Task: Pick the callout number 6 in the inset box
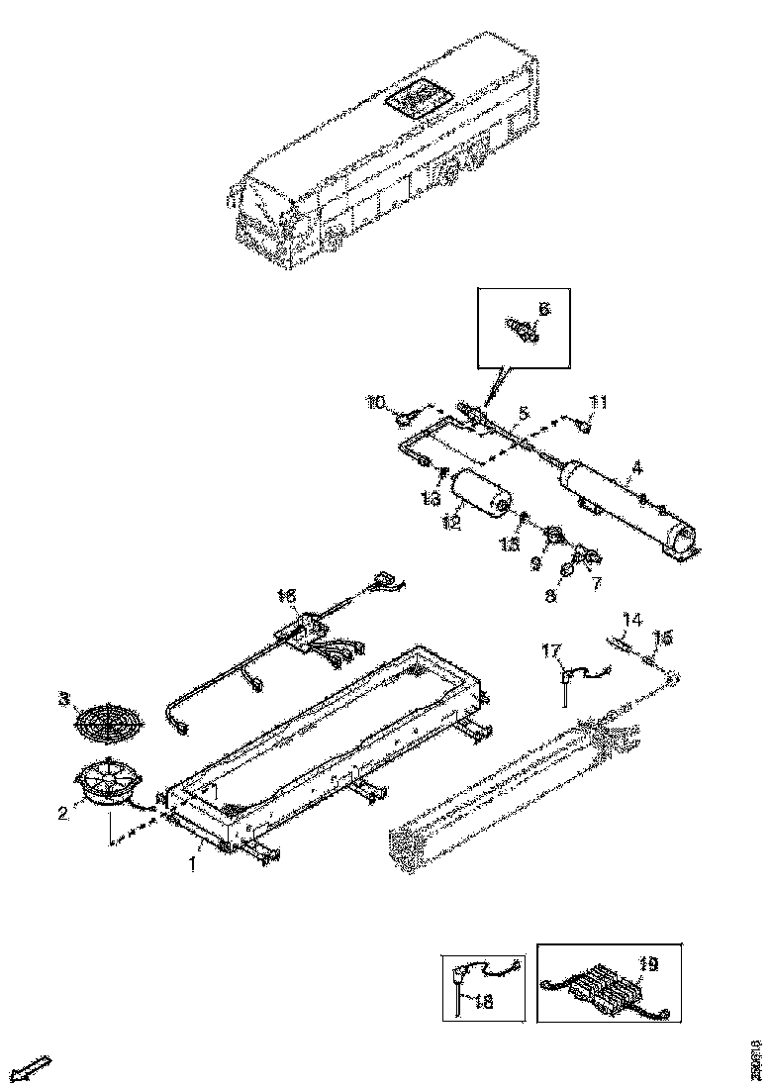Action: [x=542, y=309]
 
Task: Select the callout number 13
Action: [x=431, y=498]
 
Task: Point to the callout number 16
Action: [x=286, y=596]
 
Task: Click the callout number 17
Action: [x=550, y=650]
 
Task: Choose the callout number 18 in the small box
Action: [x=484, y=1002]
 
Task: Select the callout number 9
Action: [x=536, y=562]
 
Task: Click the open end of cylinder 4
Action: [x=682, y=539]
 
